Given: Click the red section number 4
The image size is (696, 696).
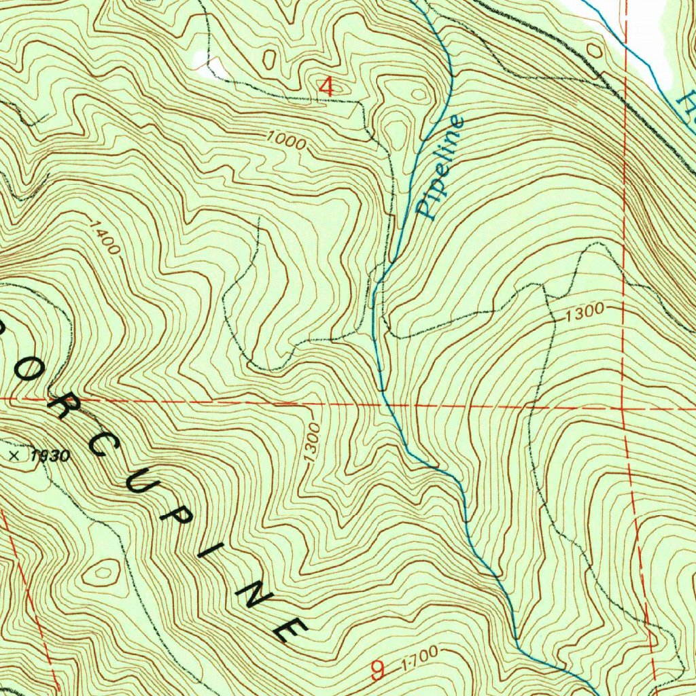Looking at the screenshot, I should click(x=327, y=87).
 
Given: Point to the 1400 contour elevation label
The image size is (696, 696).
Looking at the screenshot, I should click(x=105, y=235).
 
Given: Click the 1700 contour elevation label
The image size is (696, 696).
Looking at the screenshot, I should click(x=419, y=657).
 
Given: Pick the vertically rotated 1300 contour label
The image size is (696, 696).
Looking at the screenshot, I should click(x=312, y=444).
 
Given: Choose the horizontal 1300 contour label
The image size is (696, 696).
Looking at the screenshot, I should click(x=584, y=312).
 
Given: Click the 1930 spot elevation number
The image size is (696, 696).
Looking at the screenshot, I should click(x=50, y=456).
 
